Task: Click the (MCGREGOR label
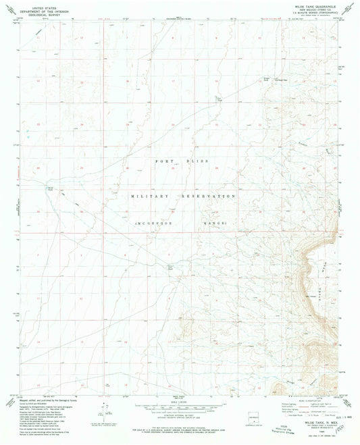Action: pyautogui.click(x=147, y=222)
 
